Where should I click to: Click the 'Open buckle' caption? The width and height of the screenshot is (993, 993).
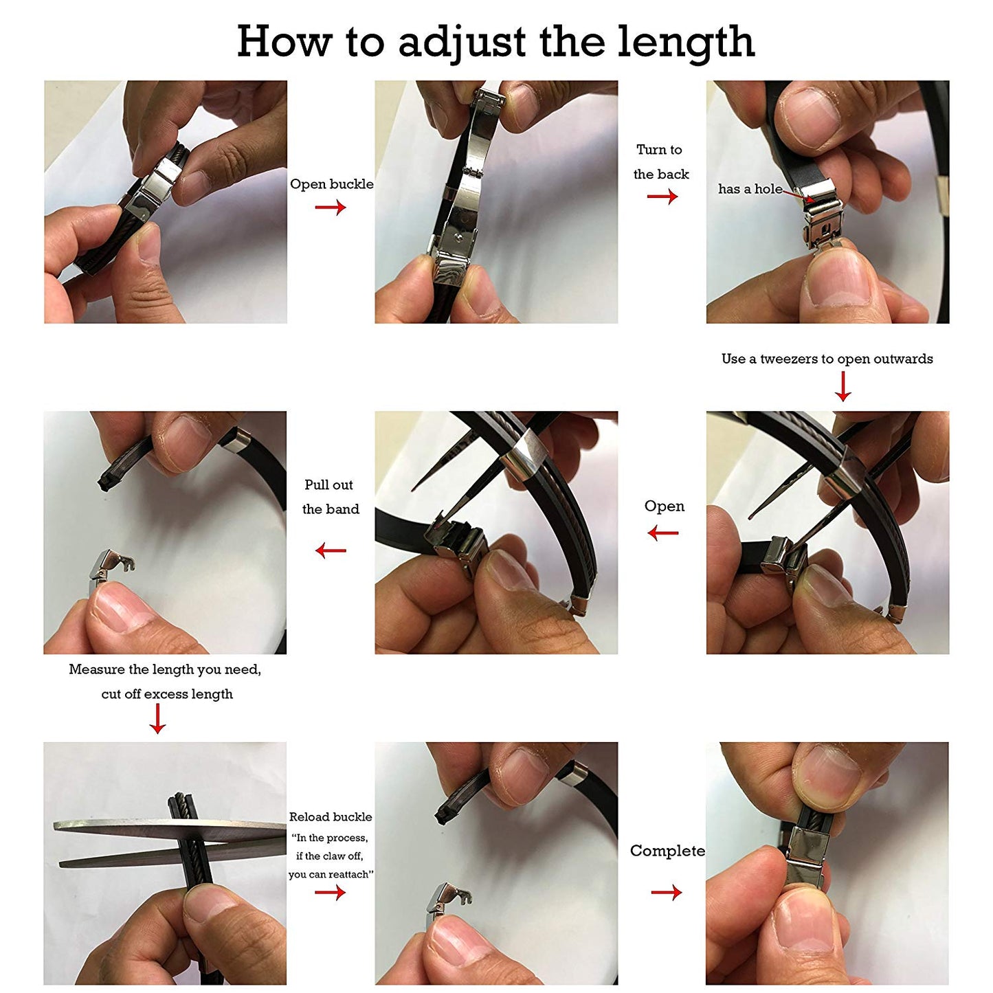(331, 184)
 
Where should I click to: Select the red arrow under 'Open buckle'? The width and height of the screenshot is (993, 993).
(331, 207)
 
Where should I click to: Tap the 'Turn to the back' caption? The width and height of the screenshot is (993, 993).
(660, 161)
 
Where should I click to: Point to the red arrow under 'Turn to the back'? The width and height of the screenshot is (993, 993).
(662, 197)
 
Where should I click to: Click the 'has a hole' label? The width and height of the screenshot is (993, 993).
(750, 189)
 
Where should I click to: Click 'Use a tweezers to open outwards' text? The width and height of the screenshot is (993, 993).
(827, 359)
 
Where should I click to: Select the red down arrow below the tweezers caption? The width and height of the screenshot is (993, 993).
(843, 386)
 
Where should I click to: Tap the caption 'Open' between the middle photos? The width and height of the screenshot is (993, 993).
(665, 506)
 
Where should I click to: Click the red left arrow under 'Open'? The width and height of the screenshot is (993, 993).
(662, 533)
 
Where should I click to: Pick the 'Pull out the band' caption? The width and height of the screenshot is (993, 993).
(331, 497)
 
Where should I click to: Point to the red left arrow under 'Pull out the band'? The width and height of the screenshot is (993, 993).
(331, 550)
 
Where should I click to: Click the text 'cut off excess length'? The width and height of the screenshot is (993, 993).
(167, 694)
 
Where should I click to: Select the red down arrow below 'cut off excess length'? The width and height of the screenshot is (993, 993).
(157, 718)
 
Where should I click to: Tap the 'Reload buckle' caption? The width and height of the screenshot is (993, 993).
(331, 817)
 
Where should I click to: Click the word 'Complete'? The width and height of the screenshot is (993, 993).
(667, 851)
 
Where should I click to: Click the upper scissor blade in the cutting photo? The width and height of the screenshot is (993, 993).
(170, 829)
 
